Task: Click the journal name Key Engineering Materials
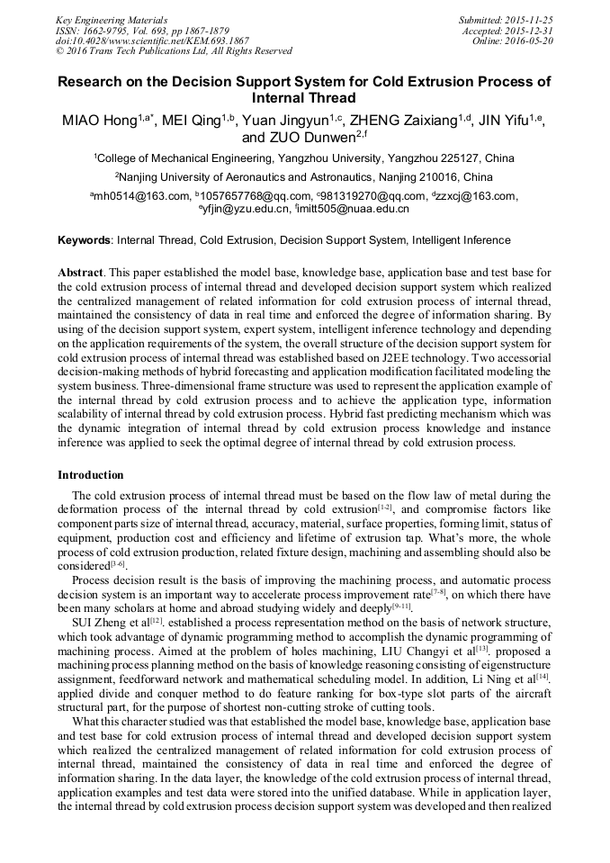(112, 19)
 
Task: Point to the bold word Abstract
(80, 272)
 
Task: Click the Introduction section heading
(91, 474)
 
